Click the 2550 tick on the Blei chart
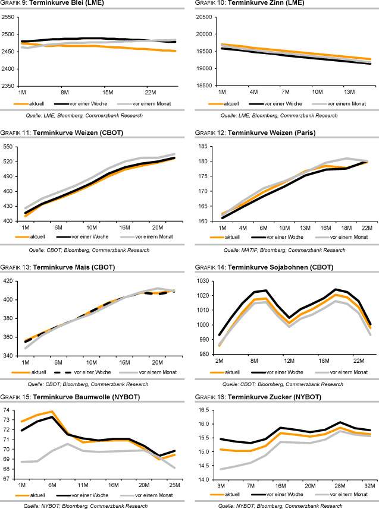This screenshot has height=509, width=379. [9, 17]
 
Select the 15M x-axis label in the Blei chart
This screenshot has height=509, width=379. [107, 93]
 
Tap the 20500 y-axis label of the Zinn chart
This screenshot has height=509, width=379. [204, 17]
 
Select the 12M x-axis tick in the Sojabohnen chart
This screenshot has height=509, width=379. [289, 362]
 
